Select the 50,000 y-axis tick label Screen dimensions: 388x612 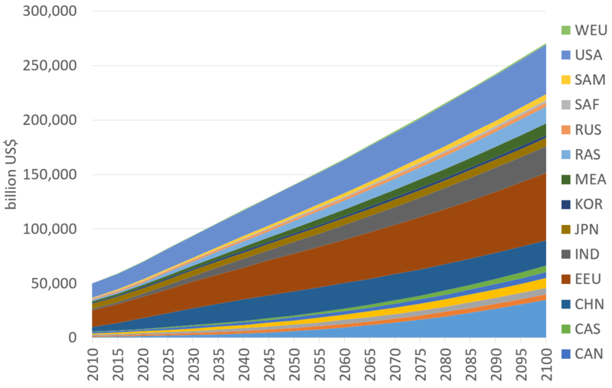point(52,283)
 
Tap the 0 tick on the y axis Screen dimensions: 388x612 point(72,337)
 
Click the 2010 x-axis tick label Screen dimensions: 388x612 point(92,364)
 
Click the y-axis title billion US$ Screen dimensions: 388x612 point(10,174)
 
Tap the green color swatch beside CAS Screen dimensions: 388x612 point(565,328)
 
